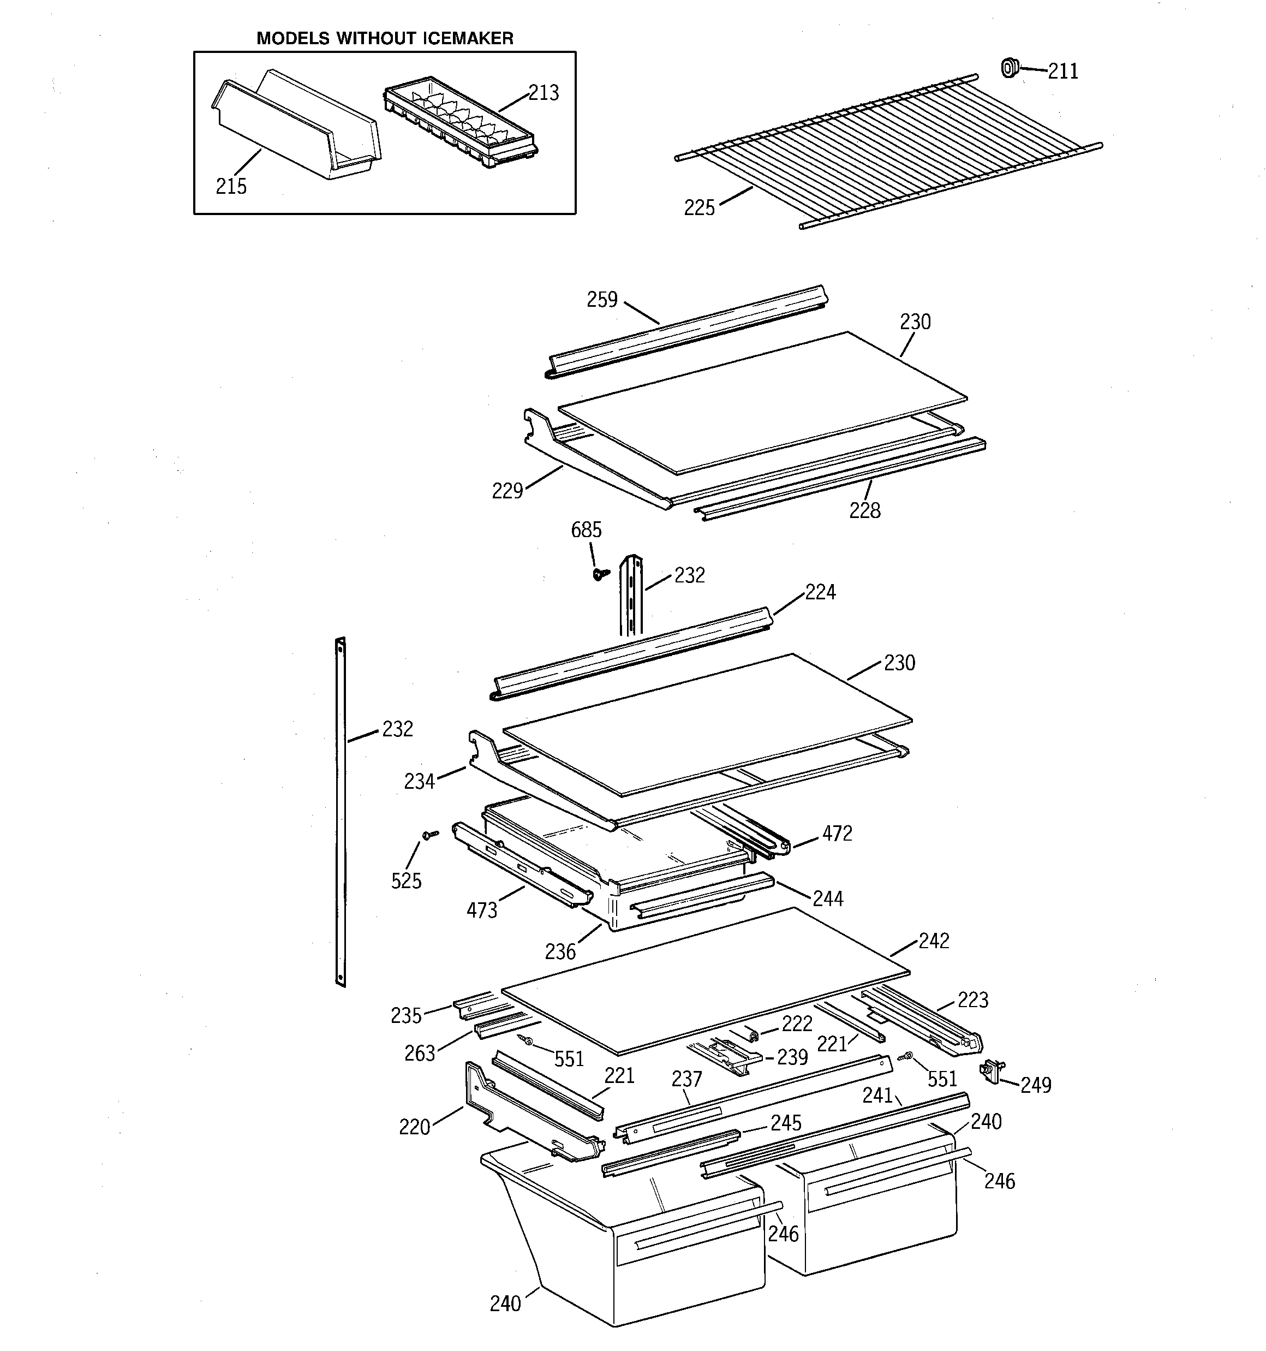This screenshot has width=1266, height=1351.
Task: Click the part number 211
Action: pyautogui.click(x=1063, y=72)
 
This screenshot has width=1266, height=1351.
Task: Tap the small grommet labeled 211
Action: pyautogui.click(x=1010, y=67)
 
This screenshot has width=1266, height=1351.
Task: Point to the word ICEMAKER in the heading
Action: pyautogui.click(x=468, y=39)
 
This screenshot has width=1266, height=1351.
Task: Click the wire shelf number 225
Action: pyautogui.click(x=699, y=208)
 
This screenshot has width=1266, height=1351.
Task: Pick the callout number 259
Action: pyautogui.click(x=602, y=300)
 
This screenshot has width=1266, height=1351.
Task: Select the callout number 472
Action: pyautogui.click(x=837, y=834)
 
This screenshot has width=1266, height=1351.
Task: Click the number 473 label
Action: pyautogui.click(x=482, y=910)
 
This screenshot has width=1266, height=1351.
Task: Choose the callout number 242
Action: pyautogui.click(x=934, y=941)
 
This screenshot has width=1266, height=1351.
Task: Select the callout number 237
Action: pyautogui.click(x=686, y=1079)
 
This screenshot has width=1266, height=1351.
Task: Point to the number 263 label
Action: pyautogui.click(x=419, y=1054)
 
